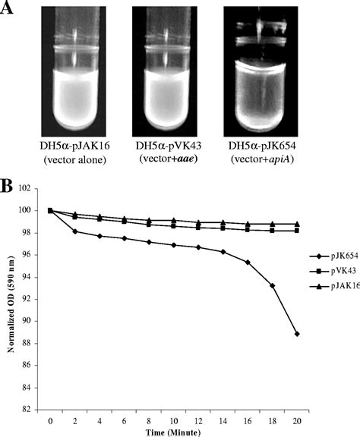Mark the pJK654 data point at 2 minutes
[74, 231]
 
